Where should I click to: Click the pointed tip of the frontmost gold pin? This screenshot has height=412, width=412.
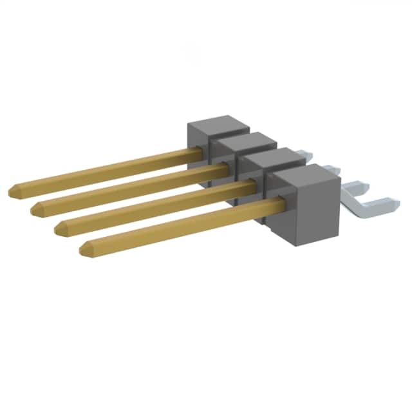tap(82, 248)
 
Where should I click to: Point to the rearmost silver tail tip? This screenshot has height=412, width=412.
tap(309, 154)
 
